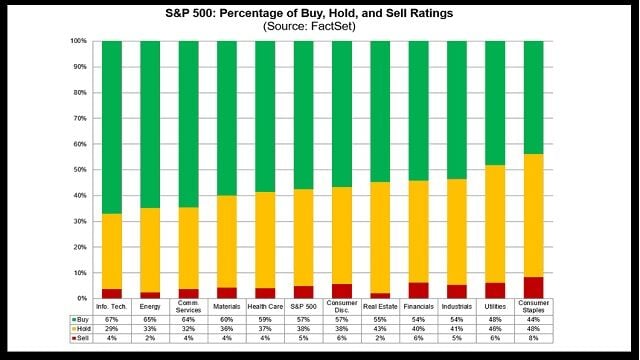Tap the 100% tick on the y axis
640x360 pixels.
point(78,41)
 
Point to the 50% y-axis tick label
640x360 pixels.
point(79,170)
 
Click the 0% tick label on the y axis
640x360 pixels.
point(81,298)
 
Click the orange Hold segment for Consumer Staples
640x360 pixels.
point(534,215)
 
